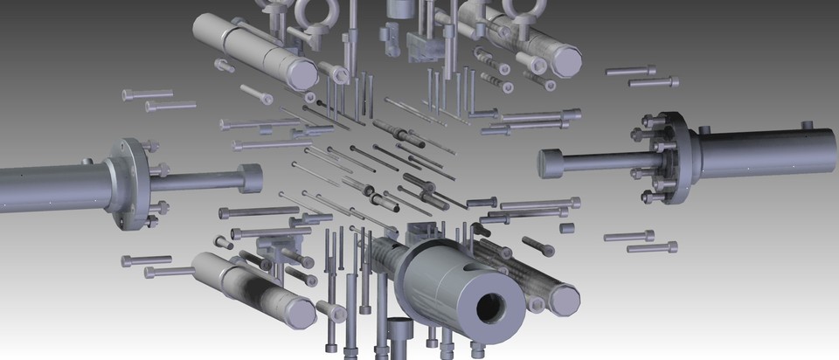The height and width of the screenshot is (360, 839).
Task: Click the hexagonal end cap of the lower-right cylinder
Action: tap(565, 300)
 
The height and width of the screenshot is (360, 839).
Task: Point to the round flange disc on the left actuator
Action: tap(129, 184)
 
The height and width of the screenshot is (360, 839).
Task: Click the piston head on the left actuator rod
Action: tap(250, 178)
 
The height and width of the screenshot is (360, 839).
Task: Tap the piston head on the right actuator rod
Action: tap(550, 163)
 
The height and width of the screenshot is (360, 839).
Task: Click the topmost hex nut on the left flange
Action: tap(155, 146)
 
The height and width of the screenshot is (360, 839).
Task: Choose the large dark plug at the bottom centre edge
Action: tap(399, 332)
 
